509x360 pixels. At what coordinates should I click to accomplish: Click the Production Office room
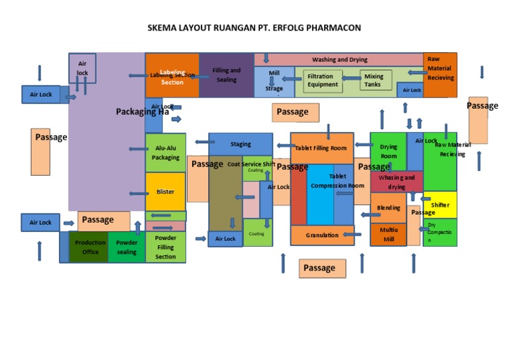pyautogui.click(x=89, y=247)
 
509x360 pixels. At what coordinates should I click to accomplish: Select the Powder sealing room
pyautogui.click(x=127, y=247)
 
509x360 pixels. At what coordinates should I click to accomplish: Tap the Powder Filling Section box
pyautogui.click(x=165, y=247)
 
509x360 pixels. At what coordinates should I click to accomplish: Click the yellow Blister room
pyautogui.click(x=165, y=192)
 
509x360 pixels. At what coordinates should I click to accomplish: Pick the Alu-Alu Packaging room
pyautogui.click(x=165, y=153)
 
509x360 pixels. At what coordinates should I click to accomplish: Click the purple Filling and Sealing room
pyautogui.click(x=226, y=75)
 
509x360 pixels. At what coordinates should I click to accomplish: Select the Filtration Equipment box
pyautogui.click(x=323, y=81)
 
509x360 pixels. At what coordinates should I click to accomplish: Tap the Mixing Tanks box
pyautogui.click(x=372, y=81)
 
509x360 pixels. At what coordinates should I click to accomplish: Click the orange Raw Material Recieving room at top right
pyautogui.click(x=440, y=69)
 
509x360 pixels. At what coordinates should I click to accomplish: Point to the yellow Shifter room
pyautogui.click(x=440, y=205)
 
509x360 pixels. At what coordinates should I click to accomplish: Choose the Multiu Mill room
pyautogui.click(x=388, y=235)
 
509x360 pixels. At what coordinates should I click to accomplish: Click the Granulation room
pyautogui.click(x=323, y=235)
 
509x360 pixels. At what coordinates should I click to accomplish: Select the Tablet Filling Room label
pyautogui.click(x=321, y=148)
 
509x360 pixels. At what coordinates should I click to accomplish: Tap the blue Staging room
pyautogui.click(x=241, y=144)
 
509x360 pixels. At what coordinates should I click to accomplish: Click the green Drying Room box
pyautogui.click(x=388, y=151)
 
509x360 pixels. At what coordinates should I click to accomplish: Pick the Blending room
pyautogui.click(x=388, y=208)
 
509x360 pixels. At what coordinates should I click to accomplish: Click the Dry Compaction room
pyautogui.click(x=440, y=233)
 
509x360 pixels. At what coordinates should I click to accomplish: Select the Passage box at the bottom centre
pyautogui.click(x=322, y=268)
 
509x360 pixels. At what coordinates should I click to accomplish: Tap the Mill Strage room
pyautogui.click(x=274, y=82)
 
